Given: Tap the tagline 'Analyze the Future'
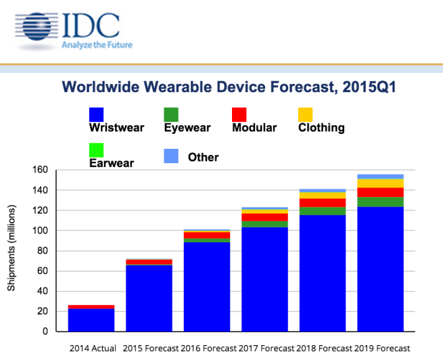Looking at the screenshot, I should pyautogui.click(x=97, y=45).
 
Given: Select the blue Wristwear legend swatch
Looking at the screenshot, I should pyautogui.click(x=96, y=114).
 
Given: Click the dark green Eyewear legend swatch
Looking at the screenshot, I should pyautogui.click(x=171, y=114).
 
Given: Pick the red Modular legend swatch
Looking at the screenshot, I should pyautogui.click(x=239, y=114).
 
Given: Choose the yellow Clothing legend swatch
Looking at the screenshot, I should pyautogui.click(x=306, y=114).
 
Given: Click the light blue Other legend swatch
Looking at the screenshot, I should pyautogui.click(x=172, y=156).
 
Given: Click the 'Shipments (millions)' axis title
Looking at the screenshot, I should pyautogui.click(x=11, y=251).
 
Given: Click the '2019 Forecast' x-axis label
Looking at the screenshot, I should pyautogui.click(x=381, y=348).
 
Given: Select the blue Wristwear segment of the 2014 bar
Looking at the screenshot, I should pyautogui.click(x=91, y=320).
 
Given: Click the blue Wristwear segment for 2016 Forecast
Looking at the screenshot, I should pyautogui.click(x=206, y=288).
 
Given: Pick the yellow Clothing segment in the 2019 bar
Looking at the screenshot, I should pyautogui.click(x=379, y=183).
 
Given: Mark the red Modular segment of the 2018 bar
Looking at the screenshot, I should pyautogui.click(x=322, y=203).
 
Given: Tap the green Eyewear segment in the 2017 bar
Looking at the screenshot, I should pyautogui.click(x=264, y=224).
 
